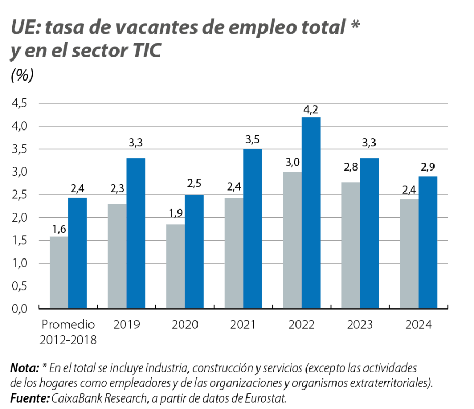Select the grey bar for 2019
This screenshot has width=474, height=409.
[116, 256]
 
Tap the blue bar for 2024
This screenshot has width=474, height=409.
[428, 242]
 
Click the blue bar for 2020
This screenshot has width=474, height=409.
[194, 251]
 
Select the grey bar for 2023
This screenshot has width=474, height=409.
[350, 245]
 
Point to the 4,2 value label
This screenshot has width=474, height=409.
[311, 109]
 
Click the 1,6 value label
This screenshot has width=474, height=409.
[58, 229]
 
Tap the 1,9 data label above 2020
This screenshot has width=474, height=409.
[175, 217]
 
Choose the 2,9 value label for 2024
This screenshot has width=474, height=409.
[428, 168]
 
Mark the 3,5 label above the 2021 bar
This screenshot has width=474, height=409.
[253, 142]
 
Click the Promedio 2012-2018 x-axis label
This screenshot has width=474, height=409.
[68, 332]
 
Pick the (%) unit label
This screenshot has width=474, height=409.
[22, 75]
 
